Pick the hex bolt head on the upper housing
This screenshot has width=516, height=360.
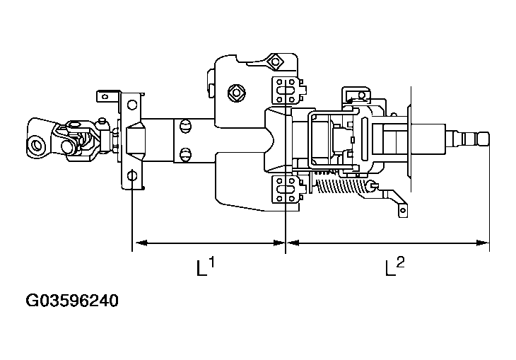coord(235,92)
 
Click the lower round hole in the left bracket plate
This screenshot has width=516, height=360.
coord(133,175)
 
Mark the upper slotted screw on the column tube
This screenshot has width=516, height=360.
coord(185,126)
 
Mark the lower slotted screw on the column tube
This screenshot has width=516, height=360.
coord(185,153)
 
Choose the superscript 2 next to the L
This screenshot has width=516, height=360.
coord(401,262)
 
